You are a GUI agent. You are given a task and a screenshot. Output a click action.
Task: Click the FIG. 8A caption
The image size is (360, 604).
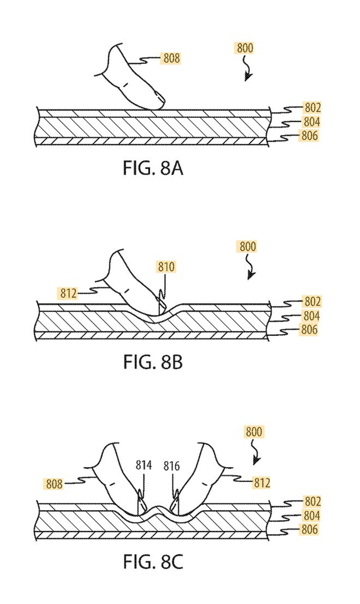(x=153, y=169)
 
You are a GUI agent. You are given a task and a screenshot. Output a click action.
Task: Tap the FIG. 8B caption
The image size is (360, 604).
(x=153, y=362)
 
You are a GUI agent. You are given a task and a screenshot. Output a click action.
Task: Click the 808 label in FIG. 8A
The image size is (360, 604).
(x=171, y=58)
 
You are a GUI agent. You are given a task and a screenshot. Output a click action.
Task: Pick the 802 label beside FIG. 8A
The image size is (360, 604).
(x=311, y=108)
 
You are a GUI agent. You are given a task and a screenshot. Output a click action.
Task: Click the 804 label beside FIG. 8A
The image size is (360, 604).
(x=311, y=122)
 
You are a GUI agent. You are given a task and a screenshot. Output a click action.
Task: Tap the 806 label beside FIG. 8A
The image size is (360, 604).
(x=308, y=136)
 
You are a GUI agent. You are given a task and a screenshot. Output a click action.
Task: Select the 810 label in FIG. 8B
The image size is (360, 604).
(x=167, y=267)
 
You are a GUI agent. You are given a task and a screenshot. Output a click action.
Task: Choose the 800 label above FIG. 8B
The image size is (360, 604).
(x=247, y=246)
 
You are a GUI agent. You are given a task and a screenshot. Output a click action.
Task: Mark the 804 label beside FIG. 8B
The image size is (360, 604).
(x=311, y=316)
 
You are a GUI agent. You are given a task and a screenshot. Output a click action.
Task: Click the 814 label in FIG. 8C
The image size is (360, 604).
(x=143, y=466)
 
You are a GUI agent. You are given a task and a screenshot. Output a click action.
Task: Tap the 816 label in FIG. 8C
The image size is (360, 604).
(x=176, y=466)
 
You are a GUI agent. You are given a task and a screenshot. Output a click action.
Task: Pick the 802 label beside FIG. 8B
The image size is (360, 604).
(x=311, y=302)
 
